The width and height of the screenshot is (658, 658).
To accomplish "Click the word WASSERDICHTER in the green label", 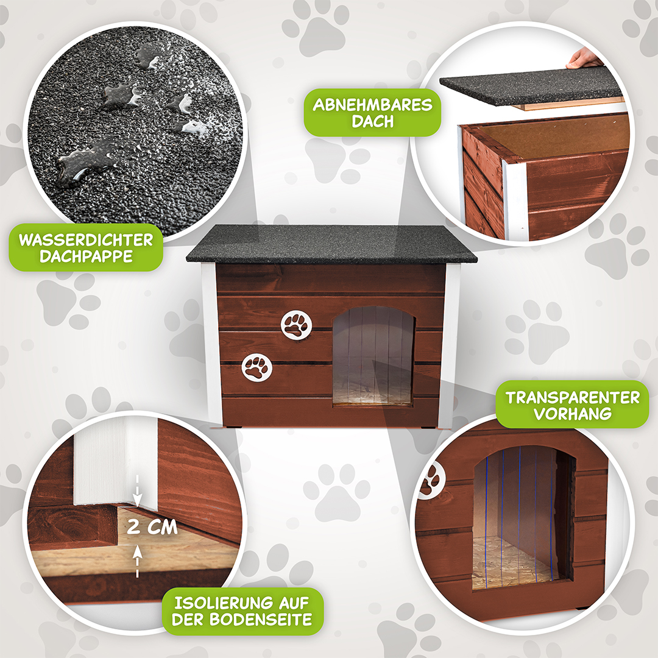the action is click(x=86, y=239).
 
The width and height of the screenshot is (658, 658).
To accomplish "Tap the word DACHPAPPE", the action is click(x=86, y=256).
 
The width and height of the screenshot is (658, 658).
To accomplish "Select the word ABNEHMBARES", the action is click(x=372, y=105).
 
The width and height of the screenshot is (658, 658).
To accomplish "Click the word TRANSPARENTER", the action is click(x=572, y=397).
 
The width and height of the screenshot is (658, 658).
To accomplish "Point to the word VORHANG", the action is click(x=572, y=414).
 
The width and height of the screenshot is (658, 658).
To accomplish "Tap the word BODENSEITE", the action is click(x=261, y=620).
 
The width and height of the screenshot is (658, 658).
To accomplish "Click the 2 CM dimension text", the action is click(x=152, y=526).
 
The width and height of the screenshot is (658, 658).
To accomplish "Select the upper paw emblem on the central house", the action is click(x=296, y=325).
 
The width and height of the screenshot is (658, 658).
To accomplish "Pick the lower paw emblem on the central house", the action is click(x=257, y=367).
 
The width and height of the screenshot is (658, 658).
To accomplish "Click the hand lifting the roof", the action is click(x=584, y=58).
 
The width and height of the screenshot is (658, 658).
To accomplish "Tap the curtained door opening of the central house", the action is click(x=373, y=355).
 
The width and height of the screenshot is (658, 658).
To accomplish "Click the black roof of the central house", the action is click(x=331, y=244).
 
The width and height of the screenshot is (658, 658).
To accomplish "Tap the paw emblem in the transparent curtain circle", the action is click(x=432, y=479).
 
